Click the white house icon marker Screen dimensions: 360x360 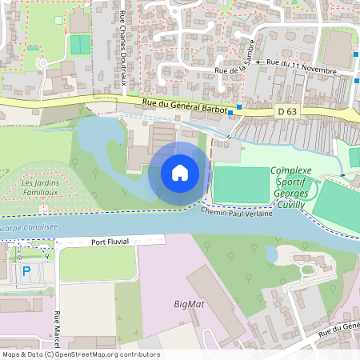tap(180, 173)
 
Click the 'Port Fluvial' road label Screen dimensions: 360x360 tap(110, 241)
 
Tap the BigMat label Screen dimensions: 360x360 tap(190, 304)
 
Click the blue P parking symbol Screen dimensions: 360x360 tap(26, 271)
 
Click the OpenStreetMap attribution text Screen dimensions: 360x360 tap(80, 354)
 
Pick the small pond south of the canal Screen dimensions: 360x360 tap(272, 254)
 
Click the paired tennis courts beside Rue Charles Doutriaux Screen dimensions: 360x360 tap(80, 45)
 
